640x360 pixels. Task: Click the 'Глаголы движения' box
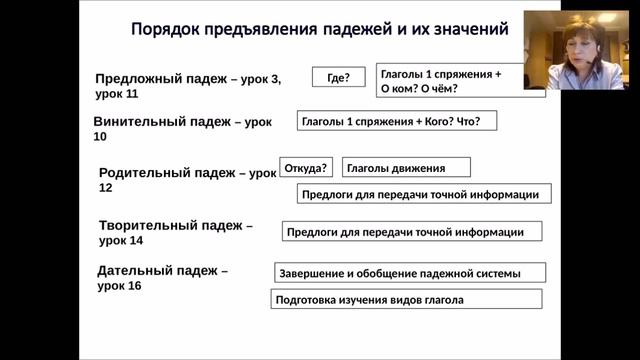(x=405, y=168)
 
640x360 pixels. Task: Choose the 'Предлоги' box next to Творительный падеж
(x=410, y=232)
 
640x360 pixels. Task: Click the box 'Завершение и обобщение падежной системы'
(x=410, y=273)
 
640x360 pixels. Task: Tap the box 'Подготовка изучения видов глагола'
(x=406, y=299)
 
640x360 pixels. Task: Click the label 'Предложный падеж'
(x=161, y=78)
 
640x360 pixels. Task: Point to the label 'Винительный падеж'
(x=160, y=121)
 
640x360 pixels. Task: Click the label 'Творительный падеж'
(x=170, y=225)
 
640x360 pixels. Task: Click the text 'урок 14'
(x=121, y=241)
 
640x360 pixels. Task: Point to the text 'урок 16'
(x=119, y=286)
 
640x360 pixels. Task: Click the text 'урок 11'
(x=117, y=94)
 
